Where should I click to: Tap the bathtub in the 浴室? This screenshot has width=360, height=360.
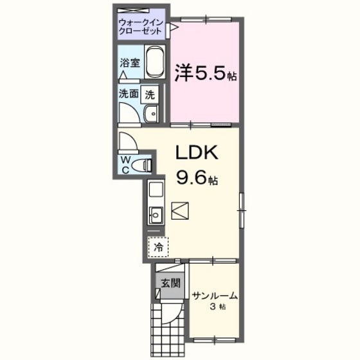coord(155,63)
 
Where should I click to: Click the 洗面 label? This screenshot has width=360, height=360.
coord(128,93)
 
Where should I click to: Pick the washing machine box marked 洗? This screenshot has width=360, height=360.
coord(150,93)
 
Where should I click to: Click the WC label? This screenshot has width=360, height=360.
coord(125,165)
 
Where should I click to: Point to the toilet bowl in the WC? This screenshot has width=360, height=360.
coord(144,165)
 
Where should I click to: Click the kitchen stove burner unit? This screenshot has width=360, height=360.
coord(155,191)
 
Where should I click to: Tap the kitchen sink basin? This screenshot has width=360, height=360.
coord(155,215)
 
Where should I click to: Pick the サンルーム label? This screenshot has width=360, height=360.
coord(215,296)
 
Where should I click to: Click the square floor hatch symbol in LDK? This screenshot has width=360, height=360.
coord(181,210)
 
